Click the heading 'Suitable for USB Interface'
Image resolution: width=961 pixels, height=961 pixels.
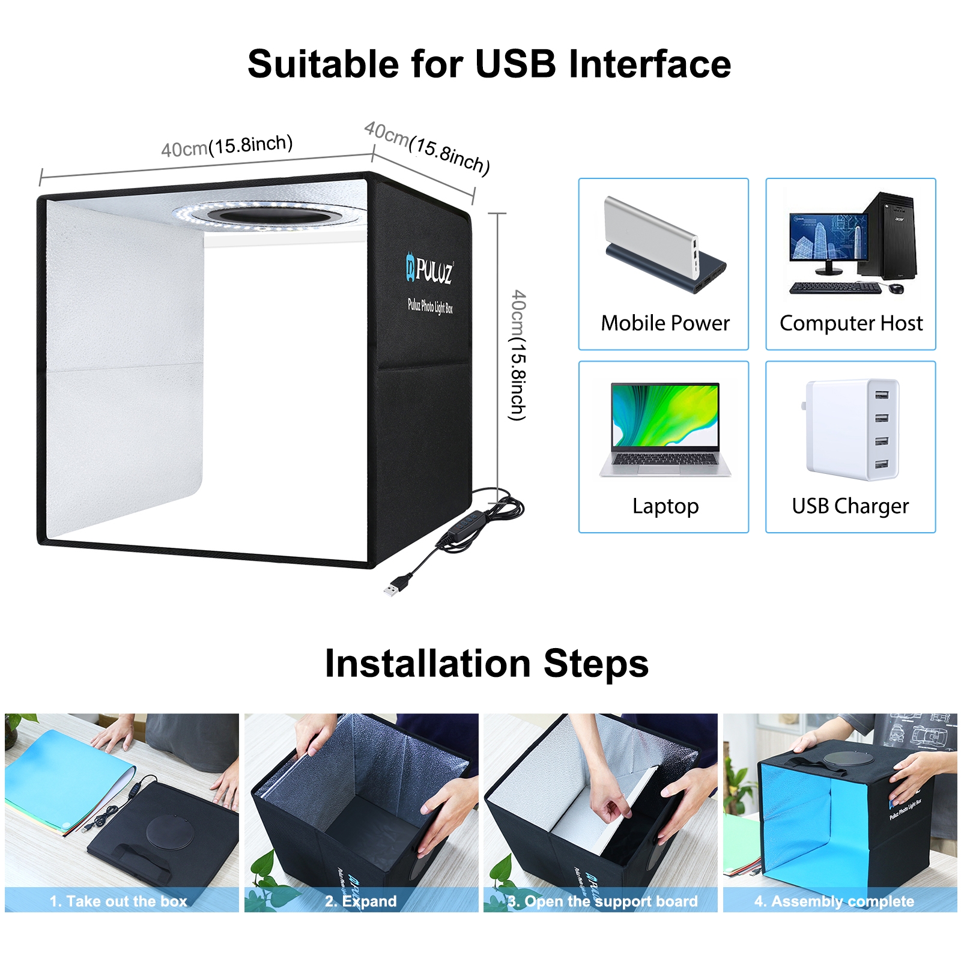point(489,64)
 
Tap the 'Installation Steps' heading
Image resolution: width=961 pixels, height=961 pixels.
point(487,664)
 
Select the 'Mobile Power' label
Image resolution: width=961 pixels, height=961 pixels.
point(665,323)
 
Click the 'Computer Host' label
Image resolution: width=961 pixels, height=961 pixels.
point(850,323)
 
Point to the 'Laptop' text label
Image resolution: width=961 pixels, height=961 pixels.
point(665,506)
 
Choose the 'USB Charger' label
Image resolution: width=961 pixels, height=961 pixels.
point(850,506)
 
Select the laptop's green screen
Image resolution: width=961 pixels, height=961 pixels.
point(665,414)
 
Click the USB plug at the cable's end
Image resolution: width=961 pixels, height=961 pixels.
point(392,587)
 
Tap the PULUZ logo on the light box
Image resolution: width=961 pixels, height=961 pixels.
point(430,270)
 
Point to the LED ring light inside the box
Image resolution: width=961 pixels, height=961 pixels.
point(268,214)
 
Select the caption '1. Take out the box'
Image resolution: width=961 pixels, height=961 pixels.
point(118,901)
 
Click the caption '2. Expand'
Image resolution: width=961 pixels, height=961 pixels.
point(360,901)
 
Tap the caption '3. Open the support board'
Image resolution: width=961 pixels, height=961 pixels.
point(602,901)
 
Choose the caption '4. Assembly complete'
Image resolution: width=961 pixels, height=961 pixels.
point(834,901)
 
